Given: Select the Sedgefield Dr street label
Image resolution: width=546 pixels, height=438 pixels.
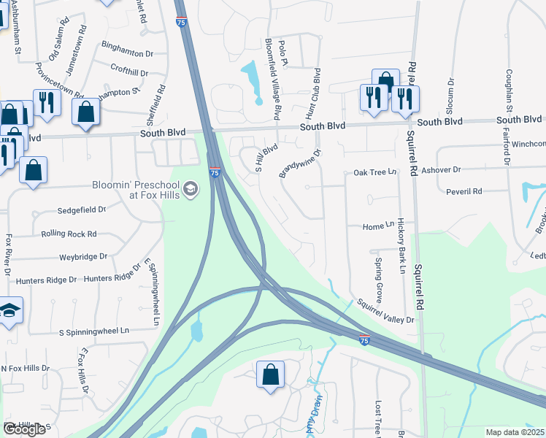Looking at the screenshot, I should pyautogui.click(x=82, y=210).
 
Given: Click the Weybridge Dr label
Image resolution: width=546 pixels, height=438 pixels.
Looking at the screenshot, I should pyautogui.click(x=83, y=257).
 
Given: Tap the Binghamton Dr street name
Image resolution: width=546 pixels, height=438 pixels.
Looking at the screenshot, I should pyautogui.click(x=128, y=53).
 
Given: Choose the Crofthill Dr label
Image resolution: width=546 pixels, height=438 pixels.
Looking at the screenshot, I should pyautogui.click(x=129, y=73).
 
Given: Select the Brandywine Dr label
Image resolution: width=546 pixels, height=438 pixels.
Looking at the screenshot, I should pyautogui.click(x=300, y=164).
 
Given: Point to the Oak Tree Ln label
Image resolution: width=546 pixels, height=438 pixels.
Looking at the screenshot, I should pyautogui.click(x=374, y=172).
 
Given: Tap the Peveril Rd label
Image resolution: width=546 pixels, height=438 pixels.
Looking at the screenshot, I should pyautogui.click(x=467, y=191).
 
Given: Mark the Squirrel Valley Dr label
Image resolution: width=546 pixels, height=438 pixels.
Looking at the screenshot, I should pyautogui.click(x=385, y=311).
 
